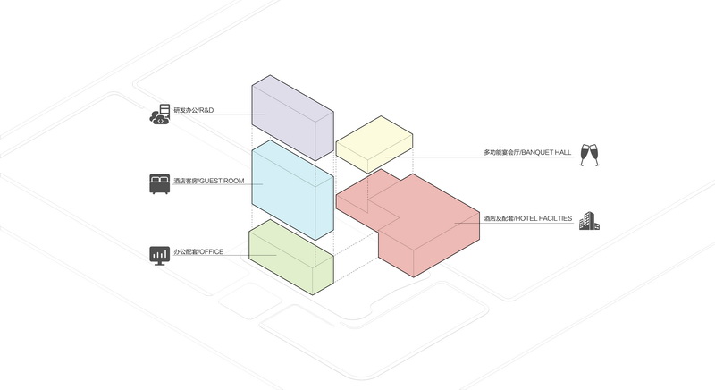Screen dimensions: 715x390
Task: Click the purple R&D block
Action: point(293,118)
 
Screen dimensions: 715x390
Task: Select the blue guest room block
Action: point(293,190)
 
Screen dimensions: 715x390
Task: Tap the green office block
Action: point(291,258)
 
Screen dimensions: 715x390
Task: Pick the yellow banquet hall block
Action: point(374,144)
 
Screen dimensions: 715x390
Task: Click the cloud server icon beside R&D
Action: point(160,114)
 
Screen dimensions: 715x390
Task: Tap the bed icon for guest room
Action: point(160,184)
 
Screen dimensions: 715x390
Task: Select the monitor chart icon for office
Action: point(160,256)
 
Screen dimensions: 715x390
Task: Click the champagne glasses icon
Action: point(590,155)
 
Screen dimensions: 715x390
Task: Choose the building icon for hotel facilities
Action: point(589,221)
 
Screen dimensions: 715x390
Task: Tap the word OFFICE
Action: point(212,251)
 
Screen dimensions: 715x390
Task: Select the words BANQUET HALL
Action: point(546,152)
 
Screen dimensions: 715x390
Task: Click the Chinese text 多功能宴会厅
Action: point(501,152)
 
